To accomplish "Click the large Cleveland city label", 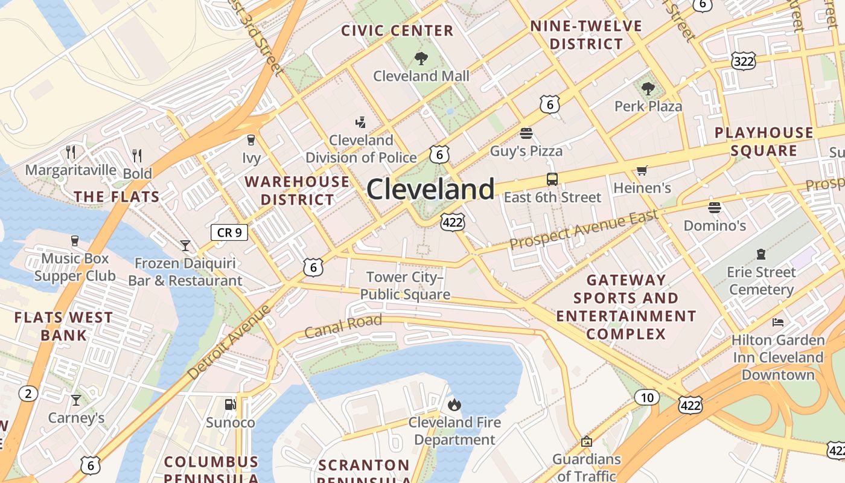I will [x=430, y=190].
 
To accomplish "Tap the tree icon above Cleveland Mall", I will [x=421, y=59].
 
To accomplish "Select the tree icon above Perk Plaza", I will [x=648, y=89].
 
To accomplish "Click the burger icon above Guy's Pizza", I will [x=526, y=133].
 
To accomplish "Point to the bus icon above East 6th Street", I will [x=552, y=179].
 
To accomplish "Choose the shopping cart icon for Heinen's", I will [x=642, y=171].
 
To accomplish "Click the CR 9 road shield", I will [x=229, y=232].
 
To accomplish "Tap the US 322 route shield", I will [x=743, y=60].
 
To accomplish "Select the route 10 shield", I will [x=647, y=397].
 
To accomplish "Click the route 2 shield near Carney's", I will [x=28, y=394].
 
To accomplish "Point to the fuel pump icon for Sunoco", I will [x=230, y=404].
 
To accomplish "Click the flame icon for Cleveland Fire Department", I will [x=454, y=404].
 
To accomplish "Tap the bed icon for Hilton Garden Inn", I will [x=778, y=322].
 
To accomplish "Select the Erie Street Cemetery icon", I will [x=760, y=254].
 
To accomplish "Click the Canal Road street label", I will [x=343, y=326].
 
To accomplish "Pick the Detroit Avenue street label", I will [x=229, y=343].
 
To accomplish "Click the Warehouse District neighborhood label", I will [x=297, y=190].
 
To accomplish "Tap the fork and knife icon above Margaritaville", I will [x=71, y=152].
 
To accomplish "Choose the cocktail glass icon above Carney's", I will [x=76, y=400].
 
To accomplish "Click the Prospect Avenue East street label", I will [x=584, y=230].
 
